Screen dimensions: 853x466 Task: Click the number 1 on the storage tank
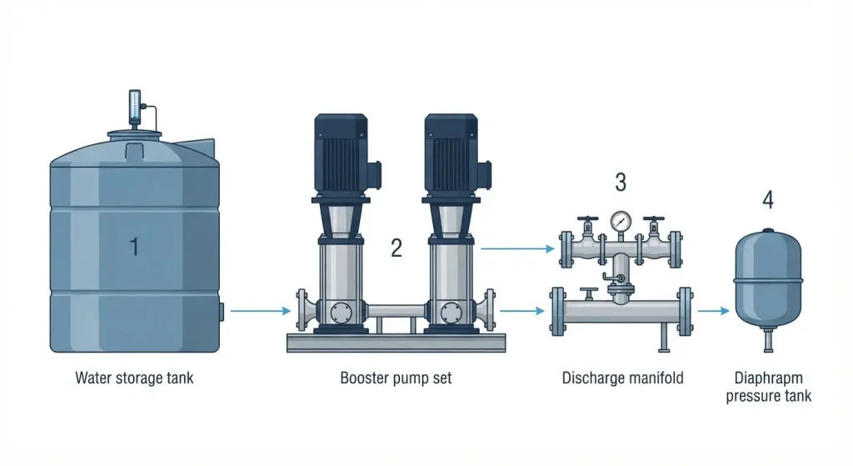(x=134, y=247)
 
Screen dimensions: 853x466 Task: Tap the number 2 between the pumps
(x=397, y=248)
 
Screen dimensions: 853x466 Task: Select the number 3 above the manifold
(x=621, y=183)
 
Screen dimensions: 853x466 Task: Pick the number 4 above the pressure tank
(x=768, y=200)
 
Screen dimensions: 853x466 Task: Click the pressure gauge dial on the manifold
(x=621, y=221)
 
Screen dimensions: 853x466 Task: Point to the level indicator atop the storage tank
(x=134, y=108)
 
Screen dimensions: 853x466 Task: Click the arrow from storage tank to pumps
(x=261, y=311)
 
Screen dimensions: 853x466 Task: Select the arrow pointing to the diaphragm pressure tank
(x=713, y=311)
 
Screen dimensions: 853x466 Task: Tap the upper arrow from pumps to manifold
(x=517, y=248)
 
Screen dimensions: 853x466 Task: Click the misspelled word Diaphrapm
(x=768, y=378)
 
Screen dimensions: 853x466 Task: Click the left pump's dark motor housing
(x=341, y=154)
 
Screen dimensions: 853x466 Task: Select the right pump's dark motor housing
(x=451, y=154)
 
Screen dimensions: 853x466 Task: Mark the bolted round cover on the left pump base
(x=341, y=313)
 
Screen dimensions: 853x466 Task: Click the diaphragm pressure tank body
(x=768, y=278)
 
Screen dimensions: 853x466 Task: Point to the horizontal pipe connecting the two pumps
(x=396, y=311)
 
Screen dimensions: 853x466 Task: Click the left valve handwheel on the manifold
(x=588, y=219)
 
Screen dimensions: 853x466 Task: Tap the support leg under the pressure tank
(x=768, y=340)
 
